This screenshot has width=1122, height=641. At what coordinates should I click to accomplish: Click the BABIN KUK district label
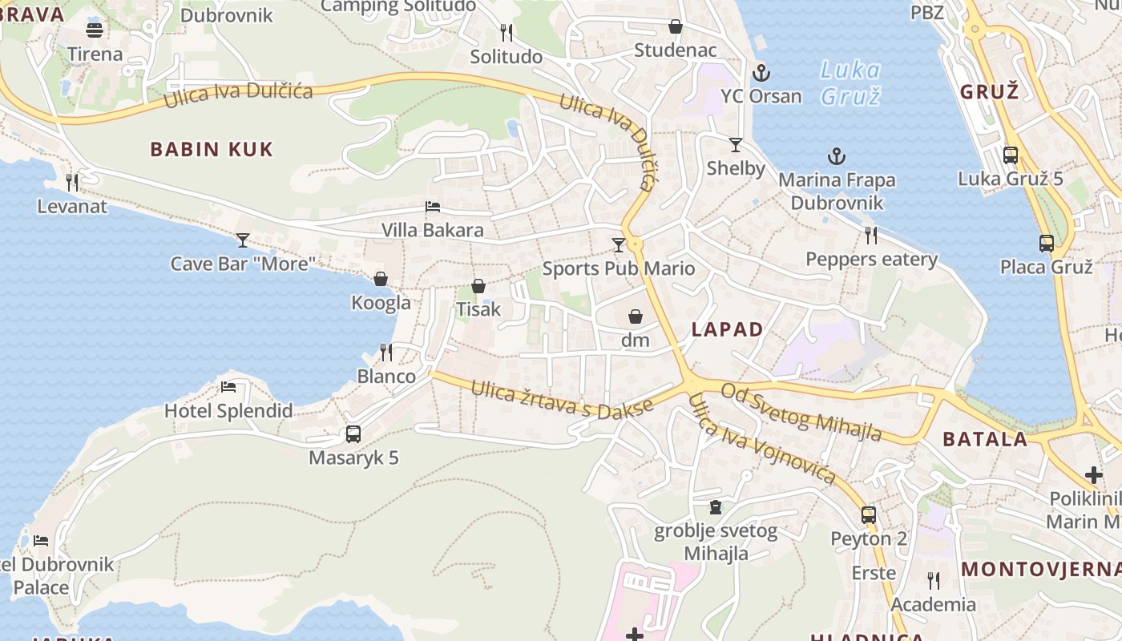[x=212, y=149]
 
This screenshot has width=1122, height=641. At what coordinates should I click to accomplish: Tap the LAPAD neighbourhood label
[x=727, y=329]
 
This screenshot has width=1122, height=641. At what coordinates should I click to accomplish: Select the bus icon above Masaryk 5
[x=353, y=434]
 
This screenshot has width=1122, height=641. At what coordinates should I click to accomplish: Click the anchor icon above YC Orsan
[x=761, y=74]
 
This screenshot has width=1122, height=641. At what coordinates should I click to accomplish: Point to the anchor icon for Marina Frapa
[x=837, y=156]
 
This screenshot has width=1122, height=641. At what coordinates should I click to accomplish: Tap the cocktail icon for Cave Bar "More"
[x=243, y=240]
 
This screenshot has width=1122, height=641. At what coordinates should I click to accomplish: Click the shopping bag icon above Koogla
[x=381, y=279]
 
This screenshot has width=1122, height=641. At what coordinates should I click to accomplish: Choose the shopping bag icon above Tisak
[x=478, y=286]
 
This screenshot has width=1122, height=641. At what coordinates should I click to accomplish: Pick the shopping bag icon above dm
[x=636, y=316]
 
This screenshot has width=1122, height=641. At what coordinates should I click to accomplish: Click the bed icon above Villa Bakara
[x=433, y=207]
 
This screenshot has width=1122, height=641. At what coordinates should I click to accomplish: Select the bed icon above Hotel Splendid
[x=228, y=387]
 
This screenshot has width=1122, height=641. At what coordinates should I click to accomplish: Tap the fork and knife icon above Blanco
[x=385, y=352]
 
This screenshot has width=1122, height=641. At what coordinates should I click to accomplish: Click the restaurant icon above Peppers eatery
[x=871, y=235]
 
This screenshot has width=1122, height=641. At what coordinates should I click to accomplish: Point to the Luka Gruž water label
[x=850, y=83]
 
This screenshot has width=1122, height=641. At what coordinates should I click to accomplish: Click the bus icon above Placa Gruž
[x=1046, y=243]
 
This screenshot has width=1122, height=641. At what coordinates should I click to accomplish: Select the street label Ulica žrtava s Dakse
[x=562, y=398]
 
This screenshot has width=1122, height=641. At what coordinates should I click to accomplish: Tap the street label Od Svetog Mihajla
[x=801, y=412]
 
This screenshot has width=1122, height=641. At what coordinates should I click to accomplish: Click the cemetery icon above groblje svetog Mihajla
[x=715, y=507]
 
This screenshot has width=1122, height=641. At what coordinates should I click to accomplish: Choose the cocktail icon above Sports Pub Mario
[x=618, y=244]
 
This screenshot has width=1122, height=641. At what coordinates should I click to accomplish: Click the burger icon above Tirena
[x=95, y=30]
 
